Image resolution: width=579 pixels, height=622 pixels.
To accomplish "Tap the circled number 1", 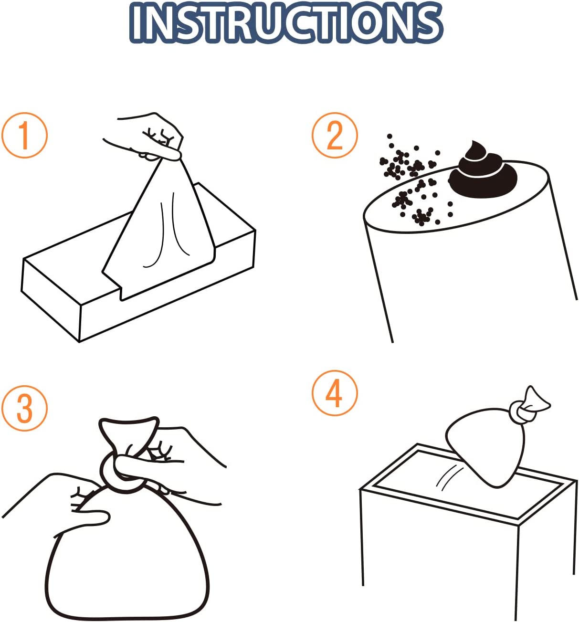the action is pyautogui.click(x=24, y=135).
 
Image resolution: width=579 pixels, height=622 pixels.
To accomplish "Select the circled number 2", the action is pyautogui.click(x=335, y=135).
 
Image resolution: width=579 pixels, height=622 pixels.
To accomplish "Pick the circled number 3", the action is pyautogui.click(x=24, y=409).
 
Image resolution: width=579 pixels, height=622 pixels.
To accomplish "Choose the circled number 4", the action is pyautogui.click(x=335, y=393).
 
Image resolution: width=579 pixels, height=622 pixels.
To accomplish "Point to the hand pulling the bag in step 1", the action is pyautogui.click(x=147, y=138).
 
